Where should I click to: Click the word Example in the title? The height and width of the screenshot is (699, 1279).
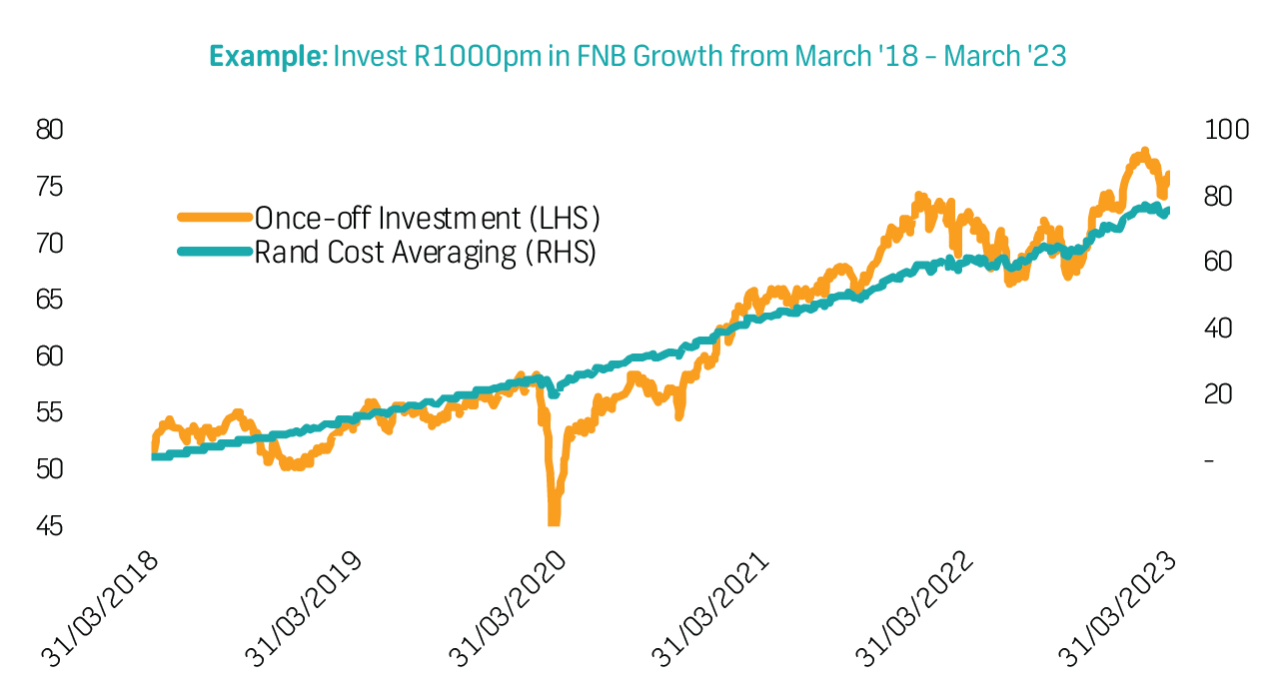pos(267,56)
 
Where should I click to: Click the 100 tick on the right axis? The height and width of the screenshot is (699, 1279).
pos(1225,130)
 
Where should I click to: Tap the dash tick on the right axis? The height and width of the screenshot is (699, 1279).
pos(1209,461)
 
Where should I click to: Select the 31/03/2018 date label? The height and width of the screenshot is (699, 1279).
pos(100,609)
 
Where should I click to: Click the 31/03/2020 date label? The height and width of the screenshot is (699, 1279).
pos(508,609)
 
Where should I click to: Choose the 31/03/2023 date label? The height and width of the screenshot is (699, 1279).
pos(1119,609)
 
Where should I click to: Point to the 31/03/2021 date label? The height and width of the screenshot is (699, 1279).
pos(711,609)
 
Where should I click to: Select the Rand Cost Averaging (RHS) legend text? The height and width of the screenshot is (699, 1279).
pos(425,252)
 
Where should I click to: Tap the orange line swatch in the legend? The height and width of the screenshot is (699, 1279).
pos(214,218)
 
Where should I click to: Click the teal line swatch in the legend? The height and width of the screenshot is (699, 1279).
pos(214,252)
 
